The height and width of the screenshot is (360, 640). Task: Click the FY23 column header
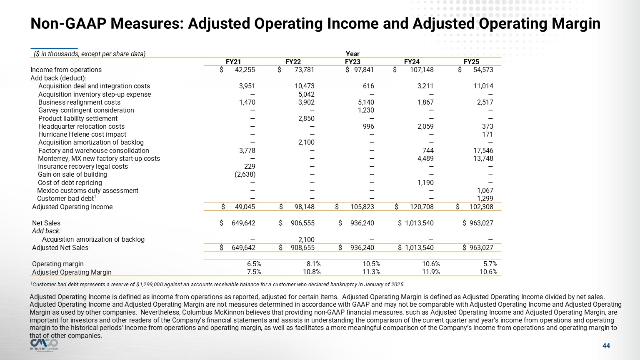coord(352,62)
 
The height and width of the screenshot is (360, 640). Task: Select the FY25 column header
coord(471,62)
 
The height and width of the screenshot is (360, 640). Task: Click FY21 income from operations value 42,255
coord(245,70)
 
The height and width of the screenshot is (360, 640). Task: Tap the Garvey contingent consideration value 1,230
coord(365,110)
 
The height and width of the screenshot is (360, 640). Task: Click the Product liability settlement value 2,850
coord(306,118)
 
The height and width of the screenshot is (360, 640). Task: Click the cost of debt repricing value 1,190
coord(425,183)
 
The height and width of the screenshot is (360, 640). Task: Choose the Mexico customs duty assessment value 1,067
coord(485,191)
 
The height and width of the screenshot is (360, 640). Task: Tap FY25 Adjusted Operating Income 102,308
coord(482,207)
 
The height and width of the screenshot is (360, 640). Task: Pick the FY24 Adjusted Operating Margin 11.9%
coord(431,272)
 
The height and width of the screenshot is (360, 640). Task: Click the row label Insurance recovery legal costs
coord(83,167)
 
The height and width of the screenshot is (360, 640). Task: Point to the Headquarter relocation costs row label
coord(81,127)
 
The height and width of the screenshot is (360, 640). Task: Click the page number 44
coord(606,346)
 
